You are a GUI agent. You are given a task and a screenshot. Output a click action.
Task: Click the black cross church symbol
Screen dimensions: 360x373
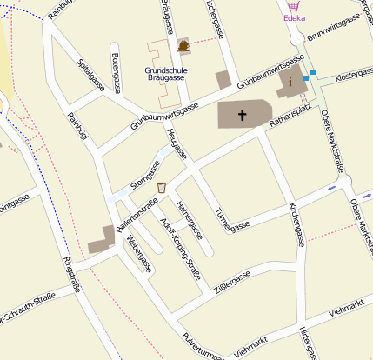(243, 115)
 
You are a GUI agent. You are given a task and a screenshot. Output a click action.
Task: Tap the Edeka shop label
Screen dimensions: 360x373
(294, 17)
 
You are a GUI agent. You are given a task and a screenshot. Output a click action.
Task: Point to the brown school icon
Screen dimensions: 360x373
(183, 44)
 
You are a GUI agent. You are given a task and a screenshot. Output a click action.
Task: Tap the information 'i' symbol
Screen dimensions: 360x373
(290, 82)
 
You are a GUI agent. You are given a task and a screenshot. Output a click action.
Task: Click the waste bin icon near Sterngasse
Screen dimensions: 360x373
(162, 187)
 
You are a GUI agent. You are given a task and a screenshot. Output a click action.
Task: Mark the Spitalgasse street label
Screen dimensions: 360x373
(91, 75)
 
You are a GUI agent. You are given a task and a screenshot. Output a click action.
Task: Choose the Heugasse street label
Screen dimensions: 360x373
(176, 143)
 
